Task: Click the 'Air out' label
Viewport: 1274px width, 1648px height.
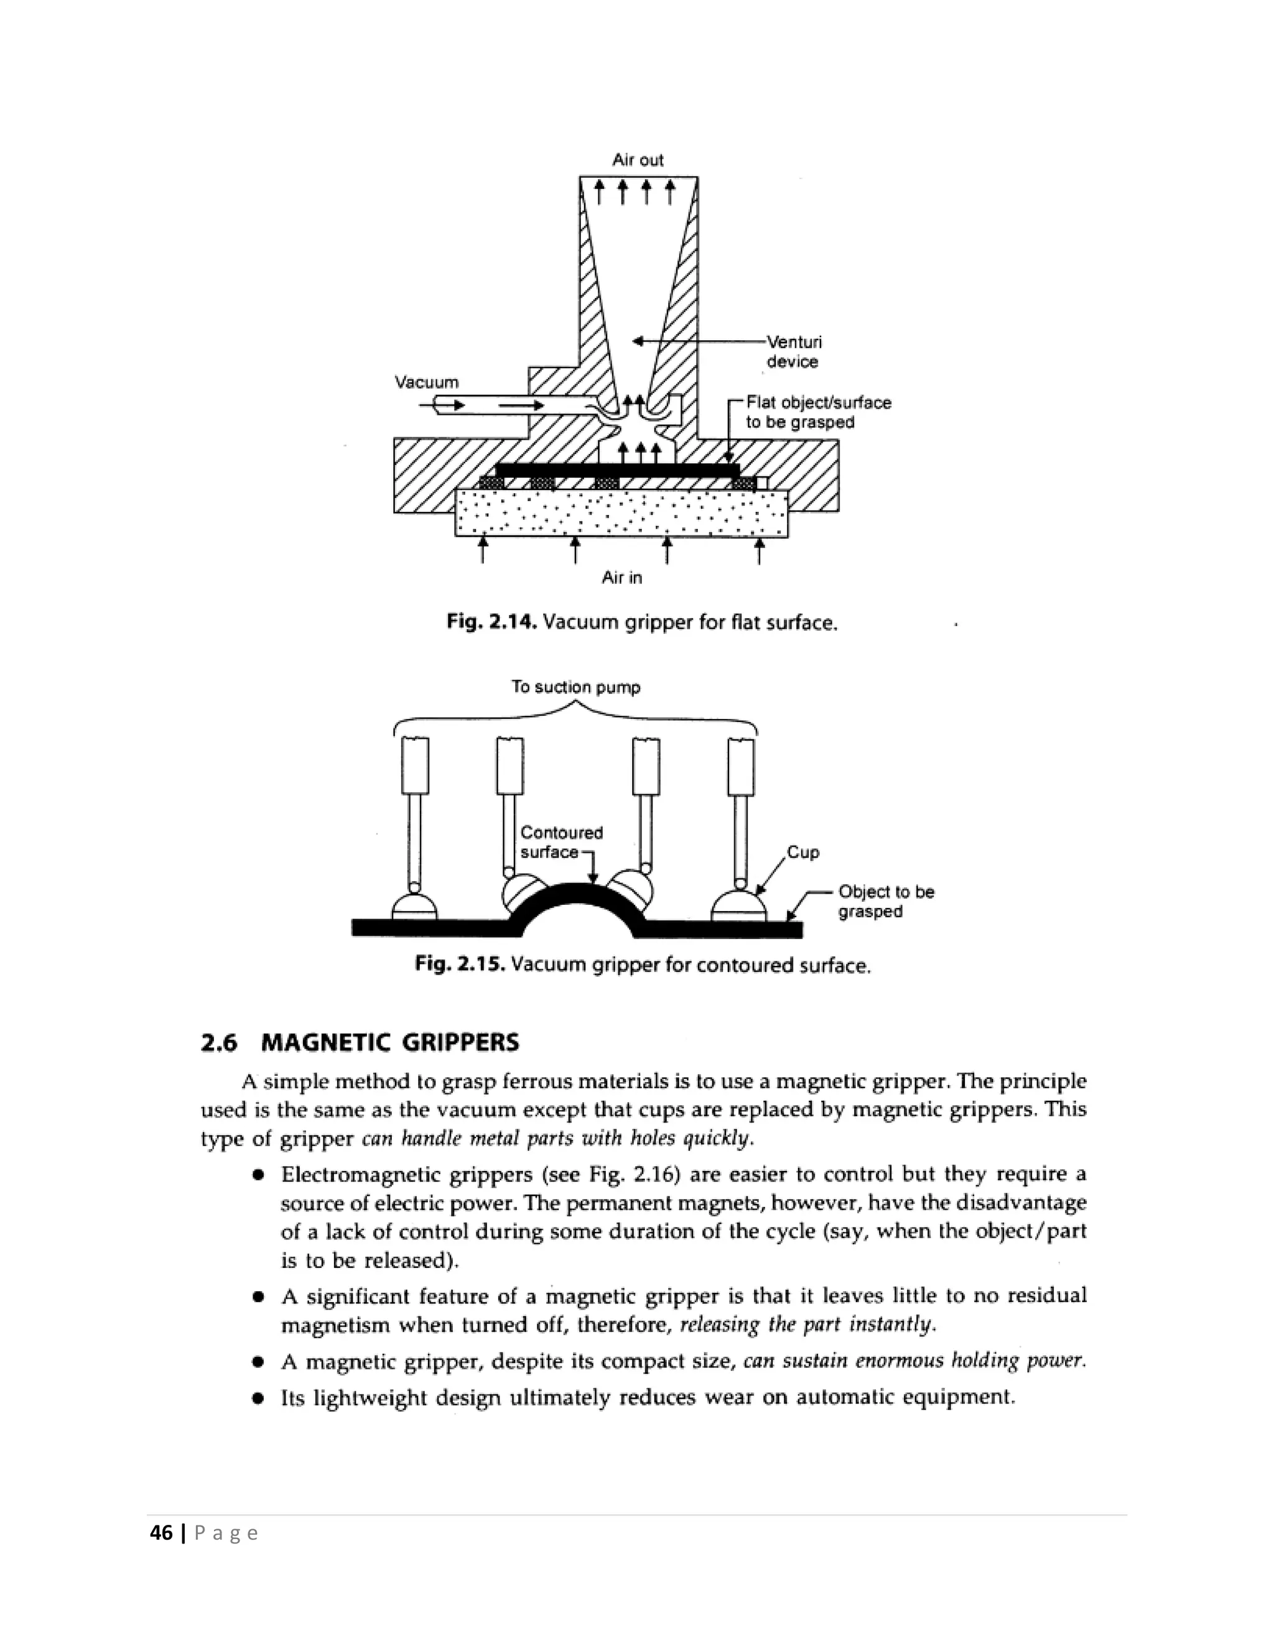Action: point(638,160)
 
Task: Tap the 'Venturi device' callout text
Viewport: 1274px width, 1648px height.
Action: point(793,351)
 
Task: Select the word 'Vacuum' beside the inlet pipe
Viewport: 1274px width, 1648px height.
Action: point(426,382)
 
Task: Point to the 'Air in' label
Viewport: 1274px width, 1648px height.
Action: point(622,577)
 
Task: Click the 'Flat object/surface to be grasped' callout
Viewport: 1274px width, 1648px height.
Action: point(818,412)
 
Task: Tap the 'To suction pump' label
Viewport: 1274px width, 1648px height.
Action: point(575,687)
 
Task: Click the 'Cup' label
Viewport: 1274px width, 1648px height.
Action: point(803,852)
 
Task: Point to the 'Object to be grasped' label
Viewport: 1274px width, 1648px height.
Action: point(886,901)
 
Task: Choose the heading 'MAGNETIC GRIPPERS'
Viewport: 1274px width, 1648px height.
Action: point(389,1043)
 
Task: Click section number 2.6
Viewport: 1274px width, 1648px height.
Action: point(219,1043)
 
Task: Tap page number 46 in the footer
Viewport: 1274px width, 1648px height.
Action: point(162,1532)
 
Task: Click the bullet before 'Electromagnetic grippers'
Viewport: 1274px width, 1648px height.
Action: point(258,1175)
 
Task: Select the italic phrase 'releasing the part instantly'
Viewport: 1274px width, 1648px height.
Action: point(807,1324)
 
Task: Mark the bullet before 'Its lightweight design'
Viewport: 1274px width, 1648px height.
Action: point(258,1398)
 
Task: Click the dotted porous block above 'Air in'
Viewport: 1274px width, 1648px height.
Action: point(621,514)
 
